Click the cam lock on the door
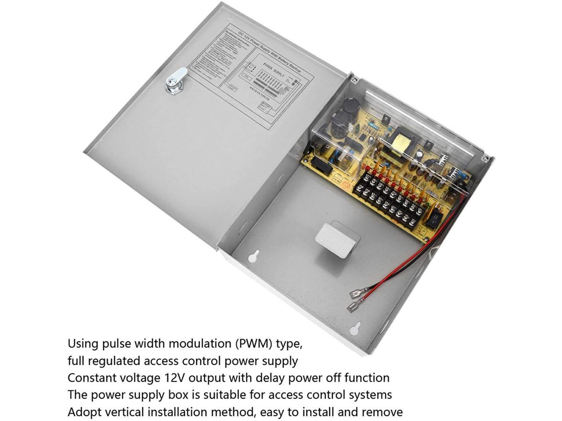click(176, 81)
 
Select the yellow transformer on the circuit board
click(401, 141)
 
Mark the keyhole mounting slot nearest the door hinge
click(252, 257)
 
